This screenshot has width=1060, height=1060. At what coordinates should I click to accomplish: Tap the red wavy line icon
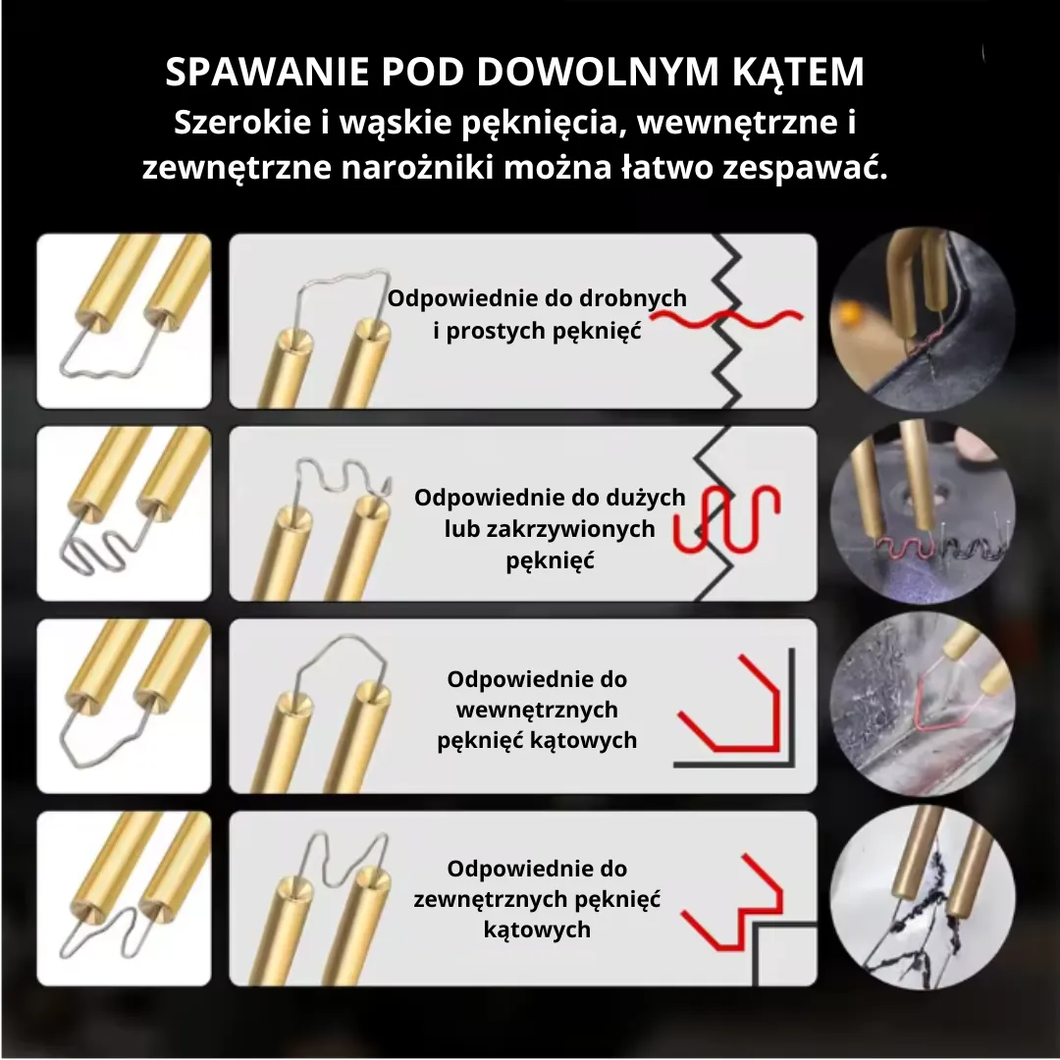click(x=726, y=319)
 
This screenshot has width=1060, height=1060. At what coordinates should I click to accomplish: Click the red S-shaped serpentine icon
click(x=726, y=518)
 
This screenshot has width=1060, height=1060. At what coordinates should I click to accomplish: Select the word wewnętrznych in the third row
click(x=537, y=710)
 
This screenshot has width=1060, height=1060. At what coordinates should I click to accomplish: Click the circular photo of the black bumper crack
click(x=922, y=320)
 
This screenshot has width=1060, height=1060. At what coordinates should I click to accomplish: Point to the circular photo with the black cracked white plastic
click(x=922, y=898)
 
